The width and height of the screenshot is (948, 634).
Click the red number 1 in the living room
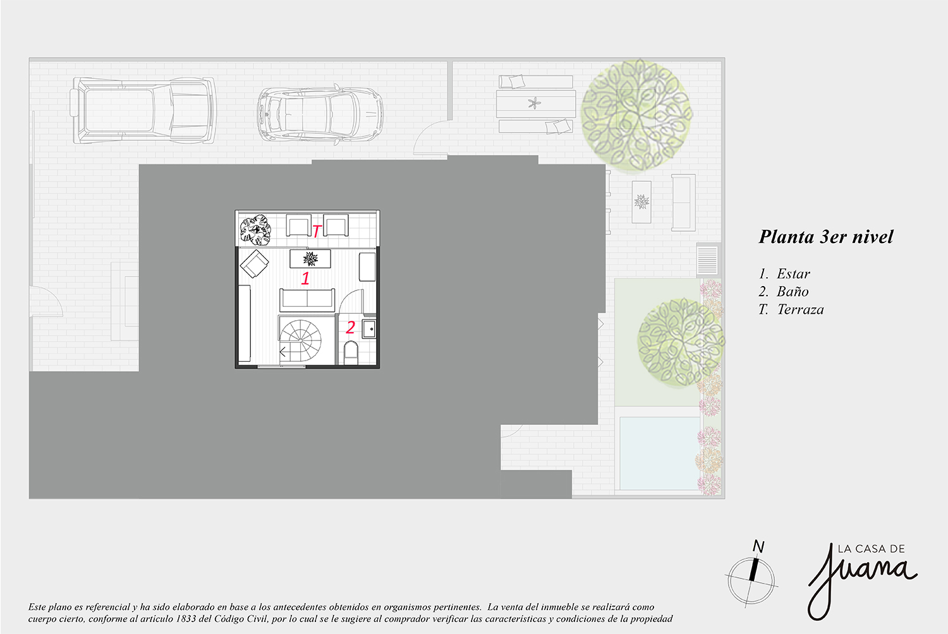pos(305,278)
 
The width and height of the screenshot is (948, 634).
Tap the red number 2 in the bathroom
pos(350,327)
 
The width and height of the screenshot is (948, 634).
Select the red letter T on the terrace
pos(317,231)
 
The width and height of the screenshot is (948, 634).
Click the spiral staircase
pos(300,340)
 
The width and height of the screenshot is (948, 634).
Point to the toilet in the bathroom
pos(351,353)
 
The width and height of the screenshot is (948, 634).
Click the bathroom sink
pos(369,329)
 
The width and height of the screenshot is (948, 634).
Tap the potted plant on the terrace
pos(255,230)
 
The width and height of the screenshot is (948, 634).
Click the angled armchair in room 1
pos(254,263)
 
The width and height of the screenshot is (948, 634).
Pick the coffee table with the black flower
pos(310,259)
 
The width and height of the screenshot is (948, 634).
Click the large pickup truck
pos(143,111)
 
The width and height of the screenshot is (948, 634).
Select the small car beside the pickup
pos(320,114)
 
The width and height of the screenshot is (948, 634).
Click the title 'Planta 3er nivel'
pos(825,237)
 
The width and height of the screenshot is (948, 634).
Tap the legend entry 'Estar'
pos(794,274)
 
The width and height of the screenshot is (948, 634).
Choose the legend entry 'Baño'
pos(793,292)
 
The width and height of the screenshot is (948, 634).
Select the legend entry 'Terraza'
pos(801,309)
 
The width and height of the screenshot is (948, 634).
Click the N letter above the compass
pos(758,546)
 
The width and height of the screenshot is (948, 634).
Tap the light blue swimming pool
pos(659,453)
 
